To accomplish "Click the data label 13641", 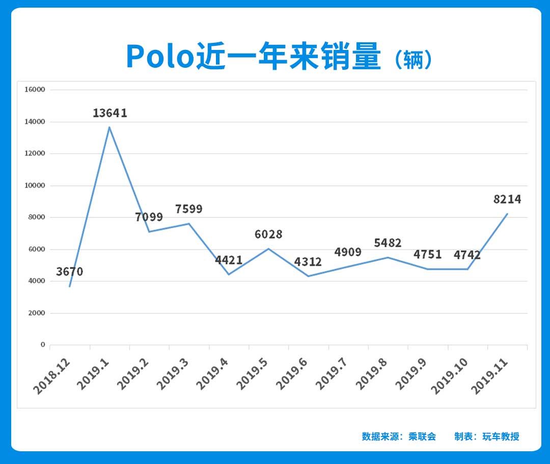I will click(x=110, y=113).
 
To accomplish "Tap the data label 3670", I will click(x=70, y=271).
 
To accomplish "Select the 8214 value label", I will click(x=507, y=199).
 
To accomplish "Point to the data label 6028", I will click(x=268, y=235).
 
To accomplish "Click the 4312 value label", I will click(x=308, y=262).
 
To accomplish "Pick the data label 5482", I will click(x=388, y=243).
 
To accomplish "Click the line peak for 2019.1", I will click(x=109, y=127).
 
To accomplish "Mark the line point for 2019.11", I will click(x=507, y=214).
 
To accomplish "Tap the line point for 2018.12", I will click(x=70, y=286).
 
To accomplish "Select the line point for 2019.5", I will click(x=268, y=249).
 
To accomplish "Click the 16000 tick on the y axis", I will click(x=35, y=90).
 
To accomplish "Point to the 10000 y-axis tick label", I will click(x=35, y=185).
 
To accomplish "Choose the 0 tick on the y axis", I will click(x=43, y=345).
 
